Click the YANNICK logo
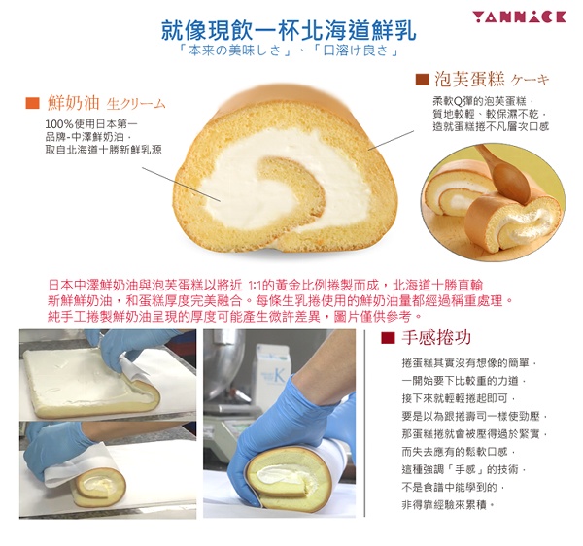(x=519, y=17)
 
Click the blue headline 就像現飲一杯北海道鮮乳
(x=289, y=30)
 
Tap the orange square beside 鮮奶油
(x=32, y=103)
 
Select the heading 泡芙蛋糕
(x=470, y=79)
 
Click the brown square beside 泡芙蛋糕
(x=422, y=80)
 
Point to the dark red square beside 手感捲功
(x=388, y=337)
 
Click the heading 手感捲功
(x=436, y=337)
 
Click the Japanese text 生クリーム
(x=136, y=104)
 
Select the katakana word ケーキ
(x=530, y=80)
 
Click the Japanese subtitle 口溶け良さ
(x=356, y=51)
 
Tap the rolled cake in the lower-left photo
(x=98, y=487)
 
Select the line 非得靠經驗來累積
(x=448, y=505)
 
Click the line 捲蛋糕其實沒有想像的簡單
(x=468, y=363)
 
